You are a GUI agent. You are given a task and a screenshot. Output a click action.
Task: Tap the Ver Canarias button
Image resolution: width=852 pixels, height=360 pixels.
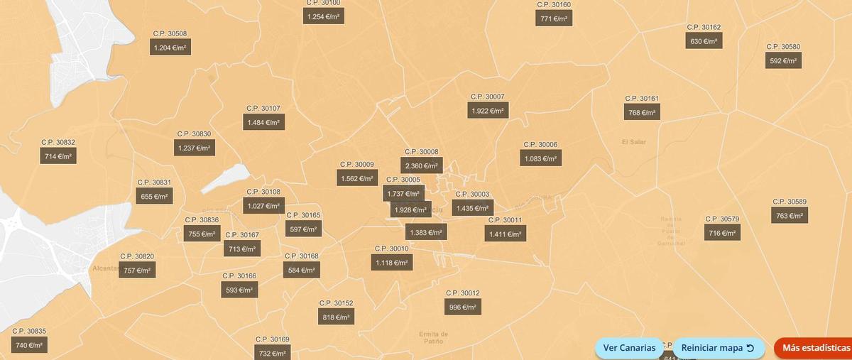629,348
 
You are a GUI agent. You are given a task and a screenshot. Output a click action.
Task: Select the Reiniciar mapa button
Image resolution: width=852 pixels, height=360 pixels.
717,348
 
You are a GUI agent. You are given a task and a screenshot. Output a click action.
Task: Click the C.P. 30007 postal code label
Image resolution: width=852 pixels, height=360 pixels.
487,97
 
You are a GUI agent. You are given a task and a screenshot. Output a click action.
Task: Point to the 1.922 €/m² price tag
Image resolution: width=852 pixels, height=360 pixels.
488,111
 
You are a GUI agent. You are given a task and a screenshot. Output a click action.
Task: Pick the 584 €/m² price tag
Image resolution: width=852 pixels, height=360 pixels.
302,270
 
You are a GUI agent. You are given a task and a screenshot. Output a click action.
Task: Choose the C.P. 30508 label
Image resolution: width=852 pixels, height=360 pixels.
170,33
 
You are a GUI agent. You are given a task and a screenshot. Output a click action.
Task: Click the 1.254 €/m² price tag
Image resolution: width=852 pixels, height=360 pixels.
324,16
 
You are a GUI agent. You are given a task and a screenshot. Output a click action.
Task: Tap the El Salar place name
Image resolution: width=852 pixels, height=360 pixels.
633,141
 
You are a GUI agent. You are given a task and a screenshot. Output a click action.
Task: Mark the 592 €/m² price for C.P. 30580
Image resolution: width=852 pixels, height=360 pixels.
785,61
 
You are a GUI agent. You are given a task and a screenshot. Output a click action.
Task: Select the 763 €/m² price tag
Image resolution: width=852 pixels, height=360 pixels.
790,216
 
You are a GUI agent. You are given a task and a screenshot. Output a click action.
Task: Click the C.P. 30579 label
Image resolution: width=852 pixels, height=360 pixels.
722,219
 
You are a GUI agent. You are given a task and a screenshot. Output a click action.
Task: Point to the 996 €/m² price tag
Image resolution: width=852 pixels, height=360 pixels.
464,307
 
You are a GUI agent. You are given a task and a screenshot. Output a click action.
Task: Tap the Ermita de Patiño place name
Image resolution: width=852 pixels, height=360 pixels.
433,337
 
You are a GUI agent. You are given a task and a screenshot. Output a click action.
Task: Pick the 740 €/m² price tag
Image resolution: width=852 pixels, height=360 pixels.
29,345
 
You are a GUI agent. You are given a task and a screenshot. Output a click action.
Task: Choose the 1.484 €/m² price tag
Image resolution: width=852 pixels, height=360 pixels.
263,123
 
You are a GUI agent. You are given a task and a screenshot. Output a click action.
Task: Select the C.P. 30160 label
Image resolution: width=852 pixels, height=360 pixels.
554,4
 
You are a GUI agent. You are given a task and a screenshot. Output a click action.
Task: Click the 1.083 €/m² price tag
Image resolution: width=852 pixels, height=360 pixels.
540,159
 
